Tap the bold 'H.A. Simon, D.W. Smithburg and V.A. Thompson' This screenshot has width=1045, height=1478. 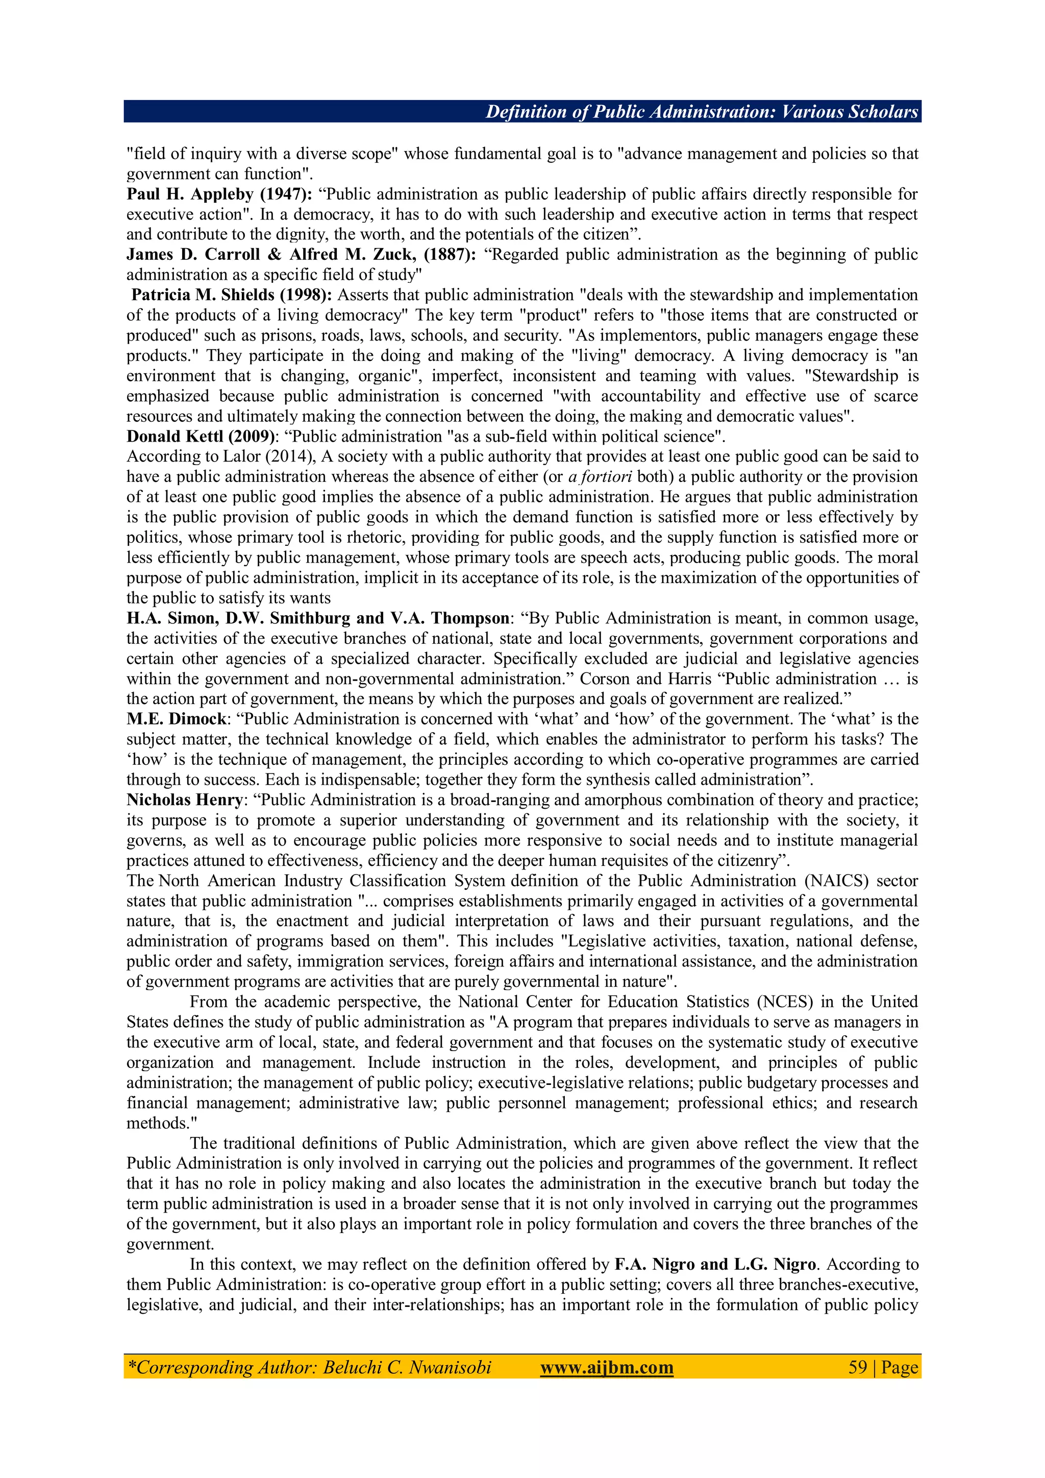pos(318,619)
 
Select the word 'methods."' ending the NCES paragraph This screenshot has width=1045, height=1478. pos(162,1123)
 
